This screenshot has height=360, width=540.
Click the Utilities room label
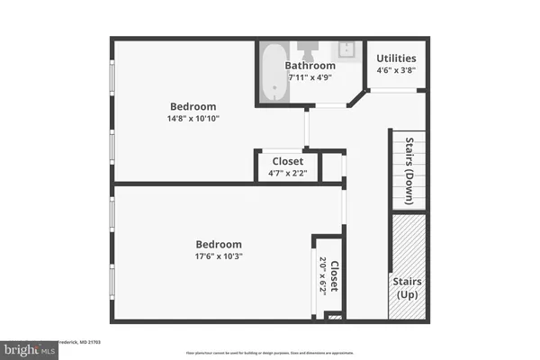tap(396, 58)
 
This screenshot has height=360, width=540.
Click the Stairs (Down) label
tap(409, 167)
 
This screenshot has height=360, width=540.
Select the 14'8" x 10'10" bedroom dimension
tap(193, 118)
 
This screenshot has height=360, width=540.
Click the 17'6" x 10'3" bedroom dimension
tap(219, 256)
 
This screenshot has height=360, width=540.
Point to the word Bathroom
tap(310, 66)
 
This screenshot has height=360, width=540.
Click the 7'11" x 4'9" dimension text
tap(310, 78)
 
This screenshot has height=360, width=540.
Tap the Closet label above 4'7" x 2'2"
tap(287, 161)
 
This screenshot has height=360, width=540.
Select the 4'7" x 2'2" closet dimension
tap(287, 173)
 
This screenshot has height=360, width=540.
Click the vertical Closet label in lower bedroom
tap(334, 276)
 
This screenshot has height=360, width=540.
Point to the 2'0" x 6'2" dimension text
tap(323, 275)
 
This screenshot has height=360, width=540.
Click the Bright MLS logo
tap(29, 348)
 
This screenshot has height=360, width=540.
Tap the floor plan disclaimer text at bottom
tap(270, 353)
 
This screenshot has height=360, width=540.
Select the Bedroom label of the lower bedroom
tap(219, 244)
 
